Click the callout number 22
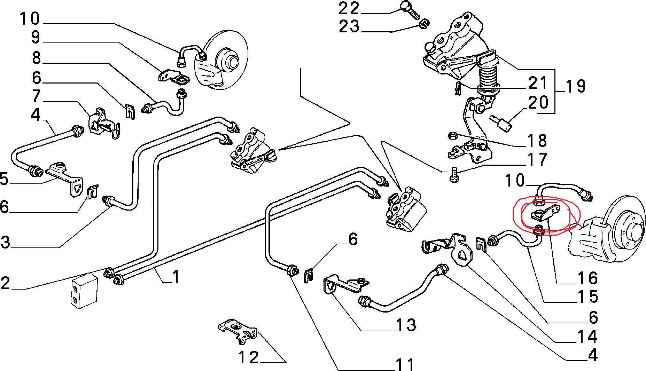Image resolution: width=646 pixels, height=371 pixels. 349,8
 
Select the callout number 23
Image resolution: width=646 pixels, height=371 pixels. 349,26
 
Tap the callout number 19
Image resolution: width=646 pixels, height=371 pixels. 575,87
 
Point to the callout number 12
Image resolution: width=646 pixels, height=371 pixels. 248,358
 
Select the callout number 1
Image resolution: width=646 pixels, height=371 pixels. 176,277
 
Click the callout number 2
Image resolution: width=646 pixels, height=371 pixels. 5,283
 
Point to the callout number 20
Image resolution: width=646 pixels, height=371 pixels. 538,103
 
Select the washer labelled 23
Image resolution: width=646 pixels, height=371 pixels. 424,24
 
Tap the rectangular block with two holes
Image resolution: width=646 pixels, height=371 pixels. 85,291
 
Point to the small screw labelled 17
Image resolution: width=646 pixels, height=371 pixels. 453,174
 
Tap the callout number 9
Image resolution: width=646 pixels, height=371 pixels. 36,37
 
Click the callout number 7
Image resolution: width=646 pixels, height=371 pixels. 36,96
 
